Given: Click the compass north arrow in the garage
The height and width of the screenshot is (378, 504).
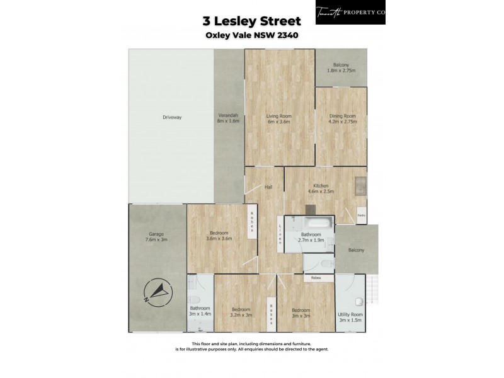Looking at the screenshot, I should (x=157, y=292).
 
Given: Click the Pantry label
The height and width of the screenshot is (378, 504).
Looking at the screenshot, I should (x=362, y=214).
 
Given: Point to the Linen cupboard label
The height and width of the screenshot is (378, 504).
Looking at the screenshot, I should (x=280, y=232).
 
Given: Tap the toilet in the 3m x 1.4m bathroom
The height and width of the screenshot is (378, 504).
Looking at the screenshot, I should (x=195, y=300).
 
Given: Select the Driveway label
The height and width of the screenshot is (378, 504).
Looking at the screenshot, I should (x=171, y=118).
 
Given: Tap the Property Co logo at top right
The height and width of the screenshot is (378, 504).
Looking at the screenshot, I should (x=350, y=12).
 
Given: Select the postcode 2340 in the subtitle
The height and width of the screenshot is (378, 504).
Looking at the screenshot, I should (x=287, y=35).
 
